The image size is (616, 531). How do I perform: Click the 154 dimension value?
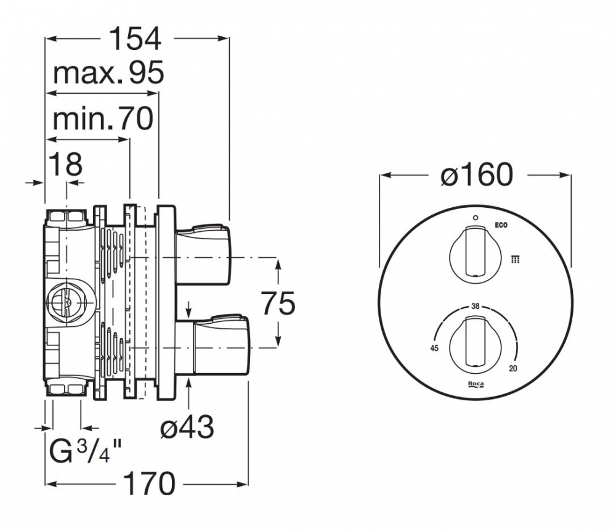134,39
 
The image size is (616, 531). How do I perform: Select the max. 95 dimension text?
108,74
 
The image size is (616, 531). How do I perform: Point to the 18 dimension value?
65,165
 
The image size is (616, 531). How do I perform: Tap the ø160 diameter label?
476,176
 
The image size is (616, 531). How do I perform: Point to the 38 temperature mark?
475,306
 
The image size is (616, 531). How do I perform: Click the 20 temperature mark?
513,368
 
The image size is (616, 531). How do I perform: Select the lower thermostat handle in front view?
475,341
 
